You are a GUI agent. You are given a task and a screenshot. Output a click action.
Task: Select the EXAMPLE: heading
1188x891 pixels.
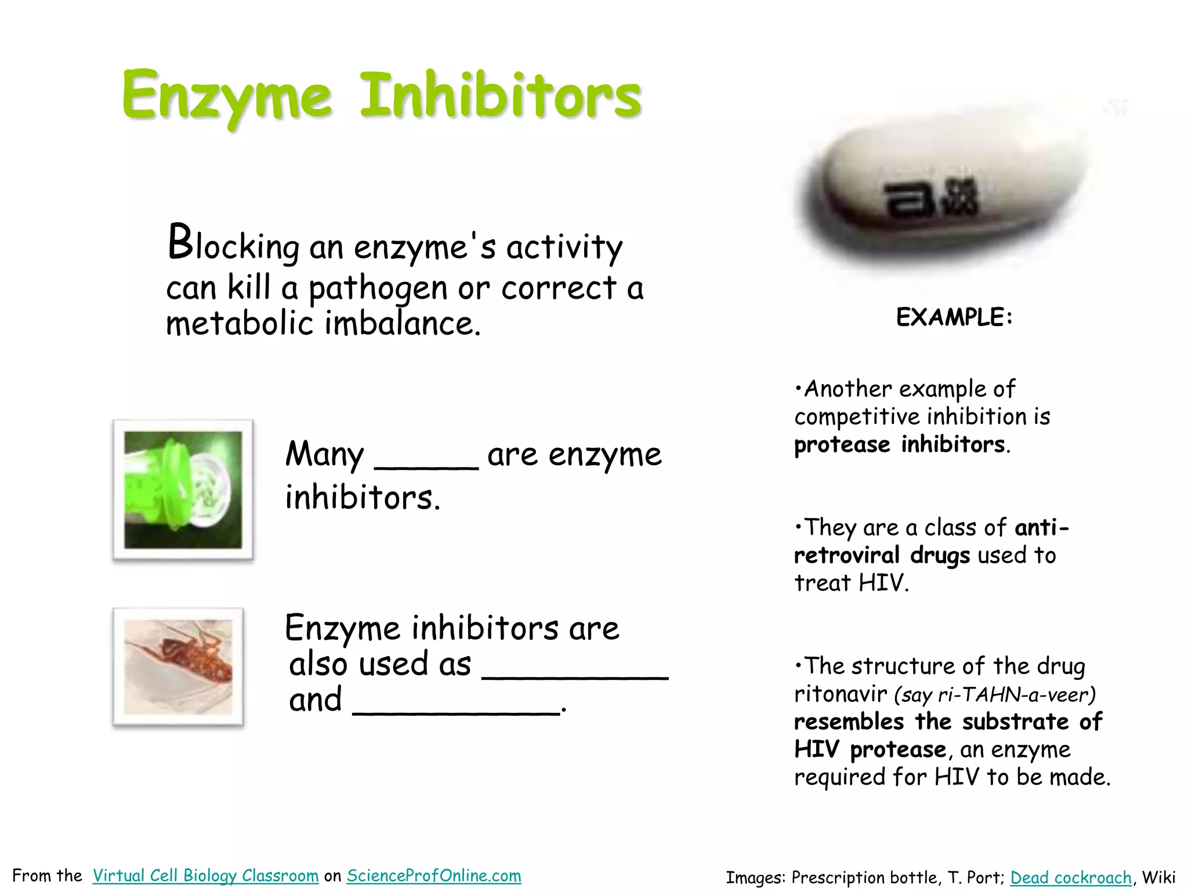point(954,317)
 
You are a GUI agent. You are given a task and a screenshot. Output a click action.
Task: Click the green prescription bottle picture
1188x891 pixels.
point(183,490)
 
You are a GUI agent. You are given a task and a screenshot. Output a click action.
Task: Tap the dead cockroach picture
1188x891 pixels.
point(178,667)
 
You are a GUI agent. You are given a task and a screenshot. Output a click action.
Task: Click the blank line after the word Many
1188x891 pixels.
point(426,464)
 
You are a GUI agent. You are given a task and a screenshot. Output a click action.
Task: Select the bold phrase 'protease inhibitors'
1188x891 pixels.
point(899,445)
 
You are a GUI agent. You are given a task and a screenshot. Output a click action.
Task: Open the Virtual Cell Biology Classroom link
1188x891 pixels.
point(205,875)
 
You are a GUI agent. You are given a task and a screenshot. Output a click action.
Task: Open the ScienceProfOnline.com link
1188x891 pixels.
point(434,875)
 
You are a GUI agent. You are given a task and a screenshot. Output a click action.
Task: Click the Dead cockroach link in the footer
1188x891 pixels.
point(1070,878)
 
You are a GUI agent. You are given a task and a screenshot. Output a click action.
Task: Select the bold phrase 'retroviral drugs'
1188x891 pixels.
point(882,556)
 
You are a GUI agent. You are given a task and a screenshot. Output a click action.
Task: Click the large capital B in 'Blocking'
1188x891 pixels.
point(180,242)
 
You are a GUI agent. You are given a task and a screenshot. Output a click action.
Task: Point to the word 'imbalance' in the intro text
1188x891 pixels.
point(401,324)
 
